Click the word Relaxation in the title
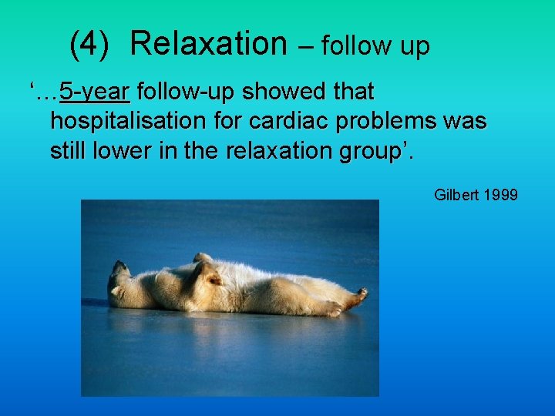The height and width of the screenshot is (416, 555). point(208,44)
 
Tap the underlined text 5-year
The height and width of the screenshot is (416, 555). point(96,92)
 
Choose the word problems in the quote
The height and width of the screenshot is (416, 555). point(386,122)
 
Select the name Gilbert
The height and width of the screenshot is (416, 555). point(457,195)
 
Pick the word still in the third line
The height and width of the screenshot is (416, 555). point(68,151)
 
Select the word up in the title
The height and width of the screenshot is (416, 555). point(414,46)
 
